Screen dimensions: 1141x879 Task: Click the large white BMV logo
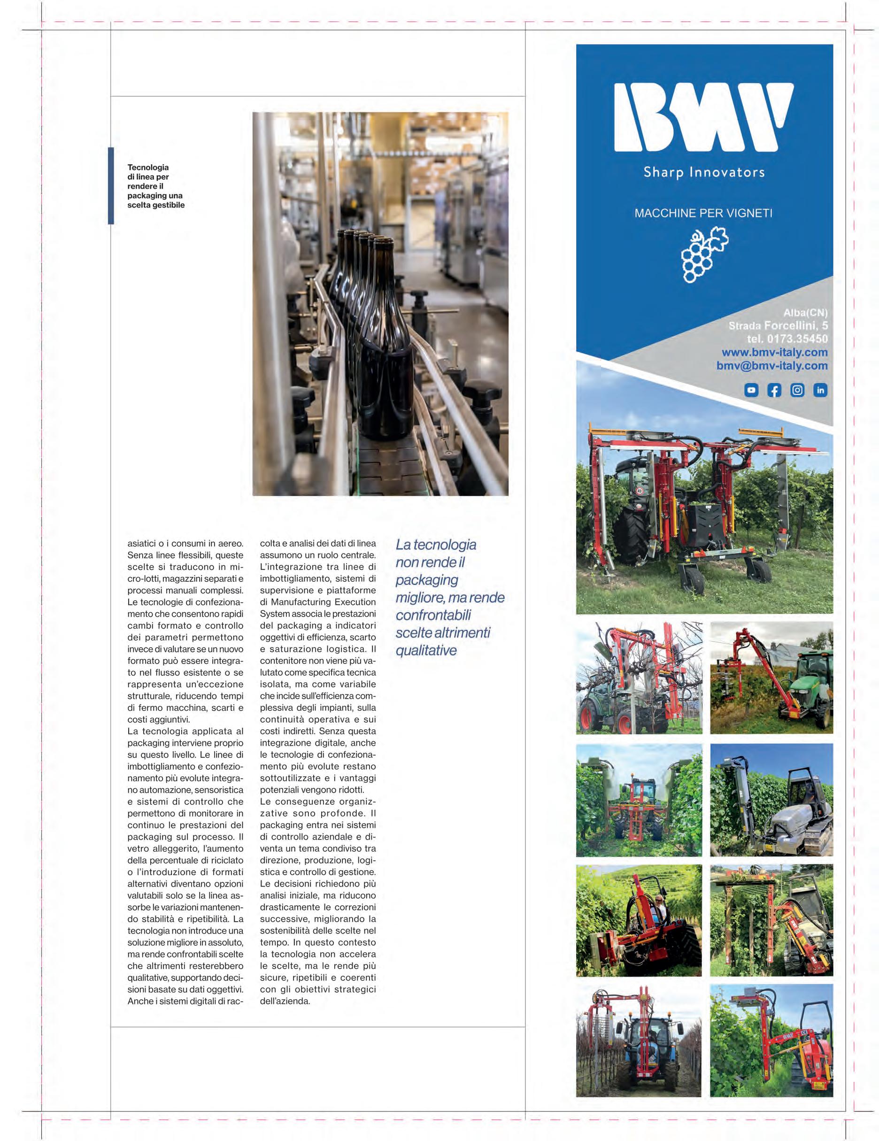(703, 118)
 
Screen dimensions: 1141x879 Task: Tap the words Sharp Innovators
(703, 172)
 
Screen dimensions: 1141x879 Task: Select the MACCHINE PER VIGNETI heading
(703, 213)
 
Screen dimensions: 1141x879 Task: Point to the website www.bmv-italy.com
(774, 352)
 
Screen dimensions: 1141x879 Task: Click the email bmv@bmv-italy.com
(771, 366)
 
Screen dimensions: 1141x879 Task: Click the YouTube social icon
(751, 390)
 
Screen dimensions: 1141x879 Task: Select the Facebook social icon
(774, 390)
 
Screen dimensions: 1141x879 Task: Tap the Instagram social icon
(797, 390)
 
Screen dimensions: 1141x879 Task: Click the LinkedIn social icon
(820, 390)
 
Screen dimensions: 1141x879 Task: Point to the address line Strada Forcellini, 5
(778, 325)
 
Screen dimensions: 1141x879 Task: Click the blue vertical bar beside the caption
(111, 186)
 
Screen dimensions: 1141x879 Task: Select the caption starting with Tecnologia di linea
(156, 186)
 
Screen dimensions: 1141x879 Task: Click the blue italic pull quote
(449, 597)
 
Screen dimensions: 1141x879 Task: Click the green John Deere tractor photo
(771, 677)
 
